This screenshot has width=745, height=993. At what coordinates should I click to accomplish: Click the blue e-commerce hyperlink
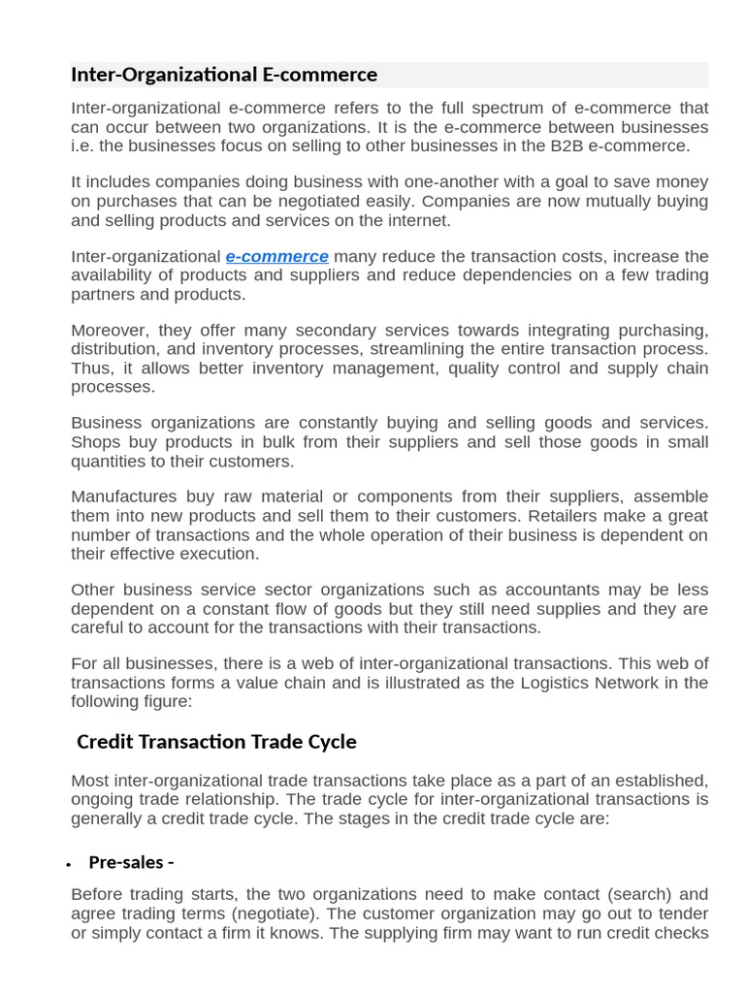(276, 257)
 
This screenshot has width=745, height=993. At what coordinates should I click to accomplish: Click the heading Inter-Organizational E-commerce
(224, 75)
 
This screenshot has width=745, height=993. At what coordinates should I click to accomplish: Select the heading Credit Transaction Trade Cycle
(216, 742)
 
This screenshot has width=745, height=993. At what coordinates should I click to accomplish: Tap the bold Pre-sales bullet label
(131, 862)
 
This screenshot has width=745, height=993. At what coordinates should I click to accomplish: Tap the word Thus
(91, 368)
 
